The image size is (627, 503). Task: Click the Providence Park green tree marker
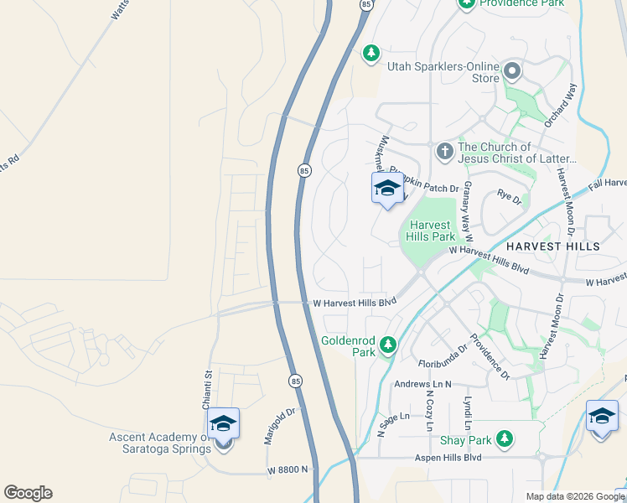click(466, 3)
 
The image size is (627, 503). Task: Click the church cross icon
click(444, 152)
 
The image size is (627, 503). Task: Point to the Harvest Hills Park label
click(431, 231)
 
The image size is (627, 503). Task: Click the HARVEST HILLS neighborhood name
click(552, 246)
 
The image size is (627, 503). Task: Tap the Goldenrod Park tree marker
click(387, 345)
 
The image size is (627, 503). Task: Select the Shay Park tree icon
click(504, 438)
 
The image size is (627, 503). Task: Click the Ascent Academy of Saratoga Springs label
click(159, 443)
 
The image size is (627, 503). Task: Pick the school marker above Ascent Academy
click(223, 423)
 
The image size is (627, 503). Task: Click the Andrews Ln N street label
click(422, 385)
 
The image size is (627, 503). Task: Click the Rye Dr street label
click(509, 200)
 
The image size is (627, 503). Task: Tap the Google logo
click(28, 492)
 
